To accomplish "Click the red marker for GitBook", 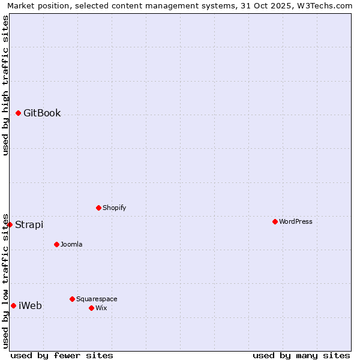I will coord(19,113).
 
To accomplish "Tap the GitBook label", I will coord(42,113).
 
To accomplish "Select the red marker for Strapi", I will coord(10,224).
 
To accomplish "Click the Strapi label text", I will coord(29,225).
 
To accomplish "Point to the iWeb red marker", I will coord(14,305).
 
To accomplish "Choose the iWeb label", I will coord(30,306).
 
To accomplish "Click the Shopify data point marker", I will coord(99,208).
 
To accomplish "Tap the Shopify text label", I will coord(114,208).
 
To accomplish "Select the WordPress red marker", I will coord(275,221).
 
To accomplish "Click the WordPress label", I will coord(295,222).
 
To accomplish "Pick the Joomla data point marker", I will coord(57,244).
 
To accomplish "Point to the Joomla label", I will coord(71,245).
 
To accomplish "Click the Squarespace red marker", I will coord(73,299).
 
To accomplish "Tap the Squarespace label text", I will coord(97,299).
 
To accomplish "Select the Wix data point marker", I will coord(92,308).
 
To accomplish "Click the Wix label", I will coord(101,308).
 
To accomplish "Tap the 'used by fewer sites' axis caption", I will coord(62,355).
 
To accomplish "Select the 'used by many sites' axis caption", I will coord(301,355).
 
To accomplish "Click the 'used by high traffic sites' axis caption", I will coord(5,85).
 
